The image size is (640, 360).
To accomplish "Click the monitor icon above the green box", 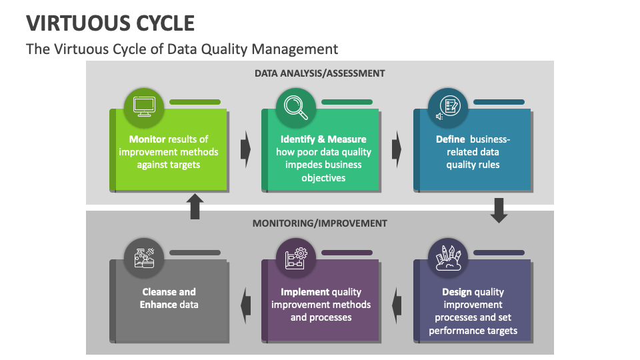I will pos(144,106).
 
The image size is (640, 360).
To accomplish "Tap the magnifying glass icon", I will pos(296,106).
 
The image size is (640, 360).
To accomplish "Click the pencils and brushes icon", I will pos(448,257).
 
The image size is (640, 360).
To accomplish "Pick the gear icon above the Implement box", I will pos(296,257).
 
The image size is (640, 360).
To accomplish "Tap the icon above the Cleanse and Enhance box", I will pos(144,257).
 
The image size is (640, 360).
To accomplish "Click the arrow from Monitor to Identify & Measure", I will pos(245,148).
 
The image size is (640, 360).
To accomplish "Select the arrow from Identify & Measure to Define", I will pos(397,148).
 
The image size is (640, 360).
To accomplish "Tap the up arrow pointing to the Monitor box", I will pos(195,207).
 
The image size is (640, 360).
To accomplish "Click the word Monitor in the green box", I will pos(147,139).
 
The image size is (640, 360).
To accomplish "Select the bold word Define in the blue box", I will pos(450,139).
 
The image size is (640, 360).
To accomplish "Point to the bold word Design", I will pos(457,292).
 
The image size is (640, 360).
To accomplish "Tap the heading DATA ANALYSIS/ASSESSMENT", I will pos(319,73).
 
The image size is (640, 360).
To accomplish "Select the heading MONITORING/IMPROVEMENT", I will pos(319,223).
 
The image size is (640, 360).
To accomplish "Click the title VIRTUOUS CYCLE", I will pos(111,23).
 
